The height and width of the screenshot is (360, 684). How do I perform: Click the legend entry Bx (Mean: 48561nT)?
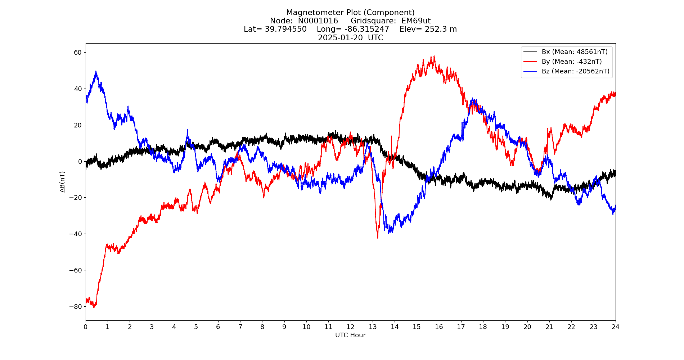coord(574,52)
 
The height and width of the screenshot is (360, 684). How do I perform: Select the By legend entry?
coord(571,62)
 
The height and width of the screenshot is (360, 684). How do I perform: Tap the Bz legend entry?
coord(575,71)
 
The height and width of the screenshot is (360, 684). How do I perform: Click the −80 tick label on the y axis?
coord(76,307)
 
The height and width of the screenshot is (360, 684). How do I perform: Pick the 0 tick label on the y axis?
coord(80,162)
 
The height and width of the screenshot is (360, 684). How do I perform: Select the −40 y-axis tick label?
coord(76,234)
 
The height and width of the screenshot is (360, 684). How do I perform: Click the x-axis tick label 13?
coord(372,327)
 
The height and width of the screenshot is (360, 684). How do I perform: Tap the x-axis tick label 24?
coord(615,327)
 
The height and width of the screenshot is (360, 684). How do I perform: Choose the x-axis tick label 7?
coord(240,327)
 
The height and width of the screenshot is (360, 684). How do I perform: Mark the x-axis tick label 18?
coord(483,327)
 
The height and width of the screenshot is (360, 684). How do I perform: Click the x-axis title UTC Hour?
coord(350,335)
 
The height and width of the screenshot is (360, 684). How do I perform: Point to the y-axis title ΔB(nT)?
coord(63,182)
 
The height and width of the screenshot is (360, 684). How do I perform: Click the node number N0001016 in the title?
coord(318,21)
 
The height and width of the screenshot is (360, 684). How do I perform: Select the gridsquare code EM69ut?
coord(416,21)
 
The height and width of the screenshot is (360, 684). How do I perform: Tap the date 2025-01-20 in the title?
coord(340,38)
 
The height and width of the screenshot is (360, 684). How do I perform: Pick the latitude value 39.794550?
coord(286,29)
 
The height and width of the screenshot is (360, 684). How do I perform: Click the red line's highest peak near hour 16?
coord(434,56)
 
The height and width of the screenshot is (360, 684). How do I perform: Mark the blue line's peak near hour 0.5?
coord(96,71)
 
